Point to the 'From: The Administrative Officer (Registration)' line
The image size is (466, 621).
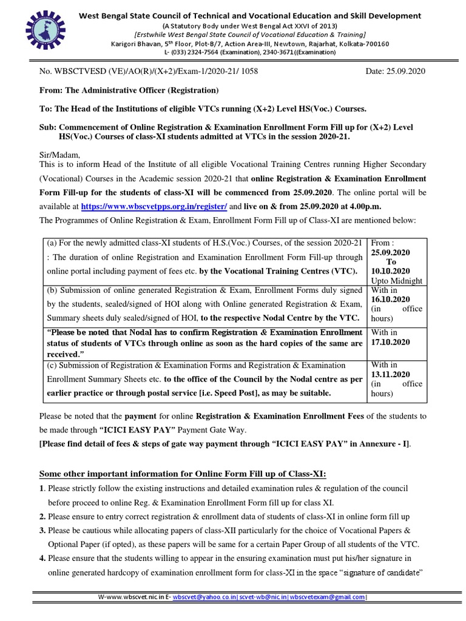click(x=128, y=90)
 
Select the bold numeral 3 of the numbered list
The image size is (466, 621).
click(x=42, y=529)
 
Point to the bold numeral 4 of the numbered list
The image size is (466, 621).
click(x=42, y=558)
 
